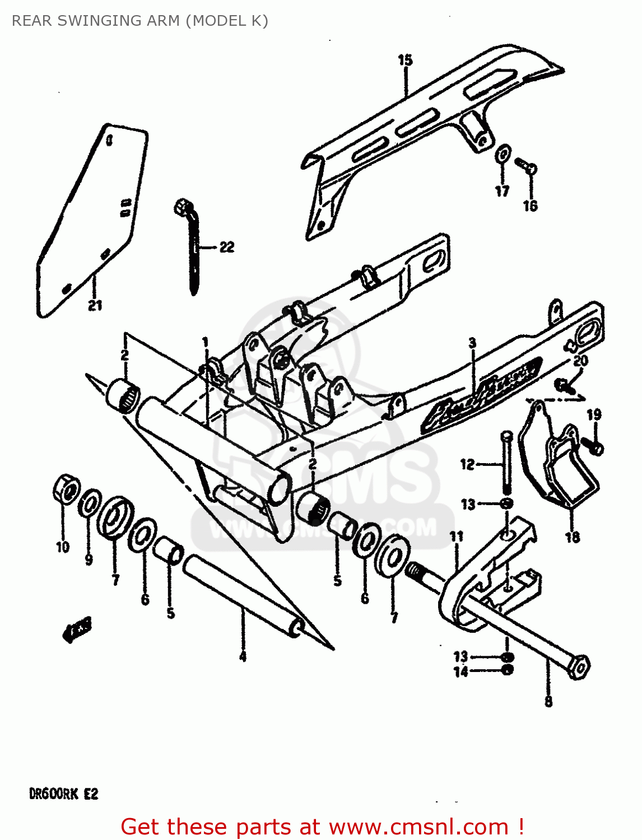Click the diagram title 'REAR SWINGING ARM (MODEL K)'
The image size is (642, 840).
[x=139, y=21]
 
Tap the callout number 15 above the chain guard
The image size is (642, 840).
[x=405, y=60]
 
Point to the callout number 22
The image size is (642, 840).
[x=226, y=247]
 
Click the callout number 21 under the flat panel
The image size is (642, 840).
[x=95, y=305]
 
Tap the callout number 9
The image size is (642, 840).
[x=89, y=559]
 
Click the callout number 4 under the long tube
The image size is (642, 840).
[x=243, y=656]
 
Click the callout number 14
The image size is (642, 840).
[x=460, y=672]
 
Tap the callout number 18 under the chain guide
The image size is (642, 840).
[x=572, y=537]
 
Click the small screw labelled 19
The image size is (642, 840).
[x=592, y=446]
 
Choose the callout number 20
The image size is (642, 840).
[x=580, y=361]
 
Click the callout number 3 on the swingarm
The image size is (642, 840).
[x=472, y=343]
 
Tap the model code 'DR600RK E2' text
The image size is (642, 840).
[x=63, y=794]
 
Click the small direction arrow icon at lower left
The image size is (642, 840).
[x=77, y=629]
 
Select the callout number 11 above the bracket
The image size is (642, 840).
[x=457, y=536]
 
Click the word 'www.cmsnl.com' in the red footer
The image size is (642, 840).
[x=418, y=827]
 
